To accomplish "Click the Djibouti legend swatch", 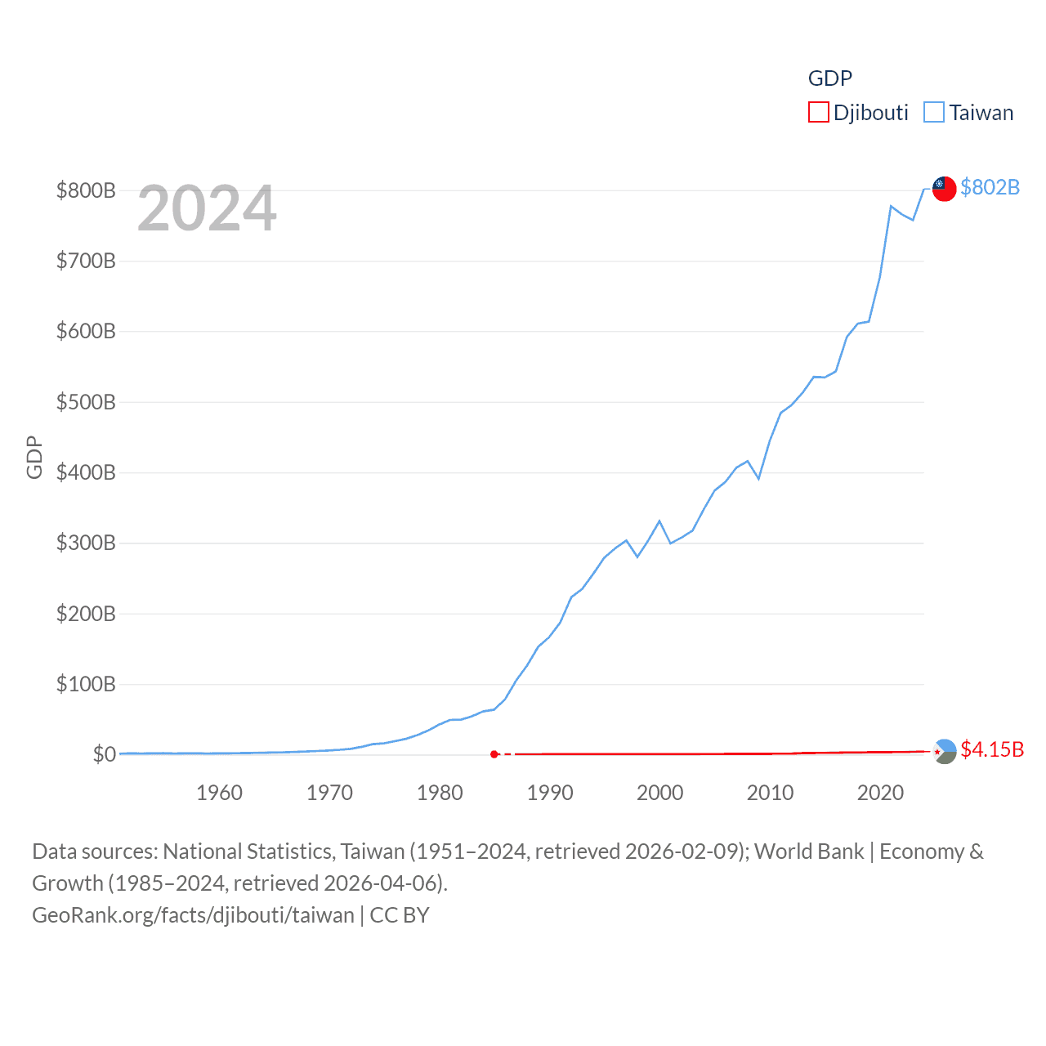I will point(818,112).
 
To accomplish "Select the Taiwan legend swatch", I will point(934,112).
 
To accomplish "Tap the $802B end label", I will point(990,187).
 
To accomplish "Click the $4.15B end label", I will point(991,749).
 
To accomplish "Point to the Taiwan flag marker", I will point(945,188).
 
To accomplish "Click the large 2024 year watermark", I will point(207,208).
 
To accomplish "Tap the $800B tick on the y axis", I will point(86,190).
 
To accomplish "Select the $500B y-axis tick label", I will point(86,402).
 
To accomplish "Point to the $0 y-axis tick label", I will point(104,754).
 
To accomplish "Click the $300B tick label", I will point(86,543).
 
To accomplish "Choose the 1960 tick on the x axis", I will point(219,793).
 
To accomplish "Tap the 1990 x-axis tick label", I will point(550,793).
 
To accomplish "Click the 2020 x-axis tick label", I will point(880,793).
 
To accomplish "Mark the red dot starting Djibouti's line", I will point(494,754).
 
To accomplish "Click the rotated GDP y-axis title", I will point(34,458).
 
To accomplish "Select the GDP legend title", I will point(829,78).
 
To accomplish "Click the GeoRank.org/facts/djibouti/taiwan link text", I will point(193,915).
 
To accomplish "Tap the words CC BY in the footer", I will point(400,915).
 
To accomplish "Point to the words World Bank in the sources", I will point(808,852).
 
